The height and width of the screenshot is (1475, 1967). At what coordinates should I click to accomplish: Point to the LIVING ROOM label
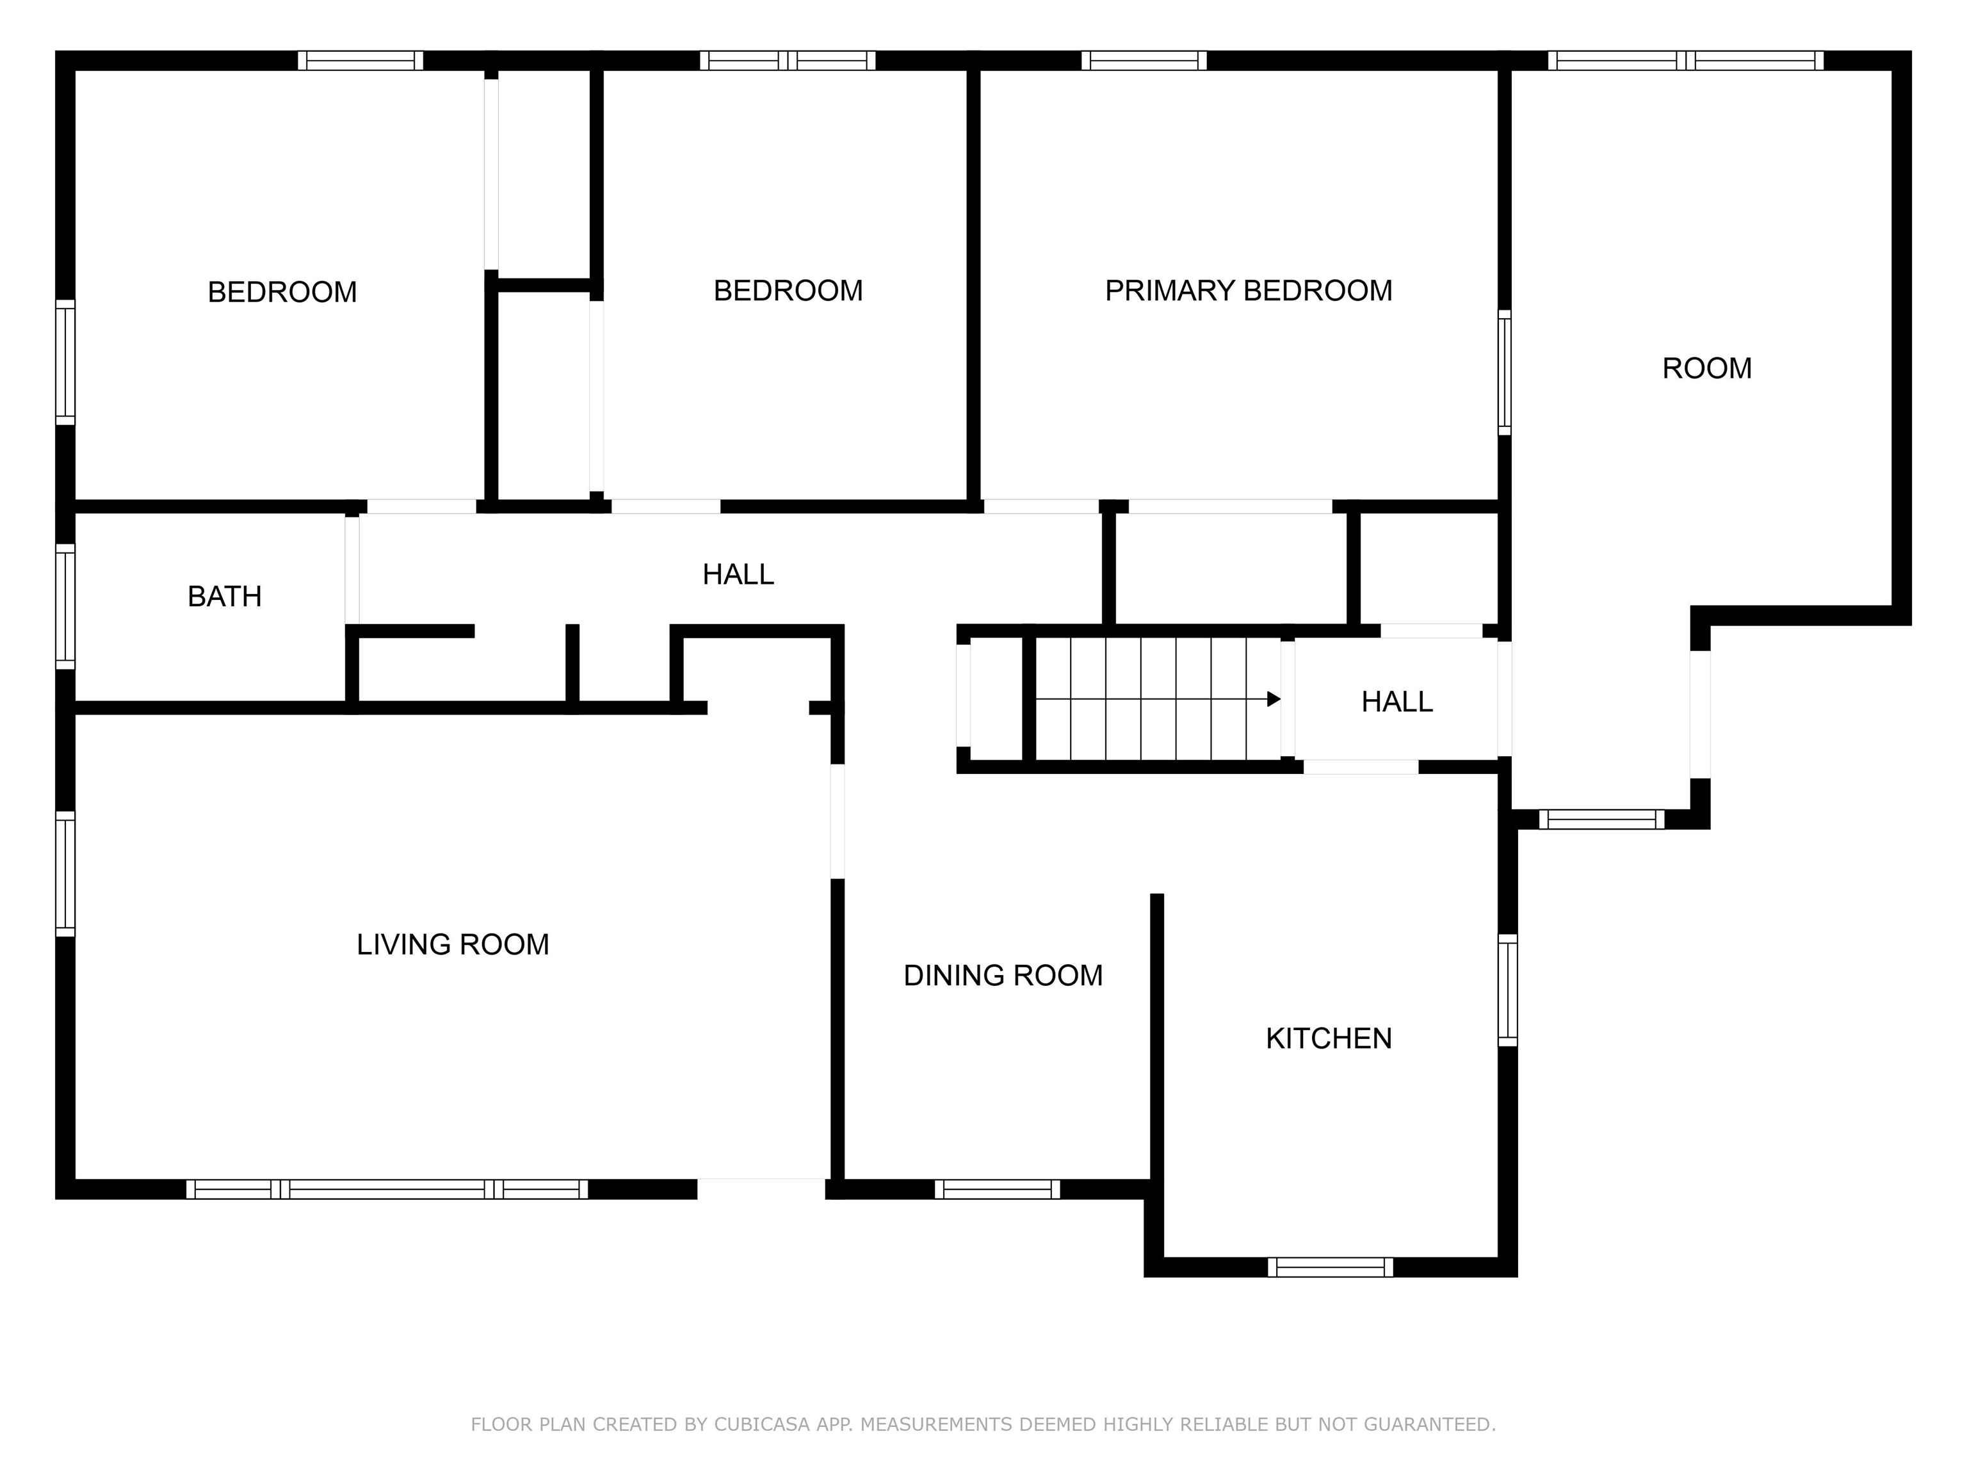[453, 944]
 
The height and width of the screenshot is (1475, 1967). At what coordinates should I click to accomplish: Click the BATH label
[224, 597]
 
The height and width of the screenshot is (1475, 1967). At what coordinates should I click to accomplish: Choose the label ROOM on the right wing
[1706, 368]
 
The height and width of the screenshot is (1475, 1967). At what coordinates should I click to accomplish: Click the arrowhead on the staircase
[1274, 699]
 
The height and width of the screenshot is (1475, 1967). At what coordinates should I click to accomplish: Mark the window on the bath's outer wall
[65, 606]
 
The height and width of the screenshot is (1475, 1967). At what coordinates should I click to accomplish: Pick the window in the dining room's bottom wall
[997, 1189]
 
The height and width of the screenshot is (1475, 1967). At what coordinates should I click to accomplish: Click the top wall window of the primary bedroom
[1144, 60]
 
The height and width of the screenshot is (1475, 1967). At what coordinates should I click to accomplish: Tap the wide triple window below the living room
[387, 1189]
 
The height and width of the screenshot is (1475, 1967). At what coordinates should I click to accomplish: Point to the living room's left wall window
[65, 873]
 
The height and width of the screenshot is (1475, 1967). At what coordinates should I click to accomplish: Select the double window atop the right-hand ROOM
[1685, 60]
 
